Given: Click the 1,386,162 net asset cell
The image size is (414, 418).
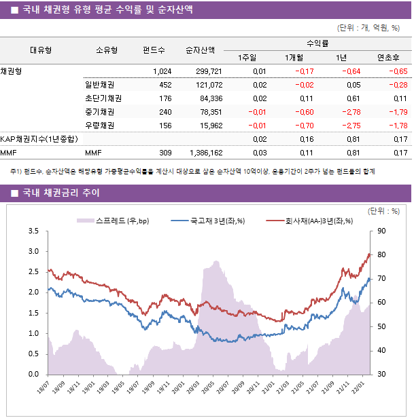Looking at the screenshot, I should pos(203,153).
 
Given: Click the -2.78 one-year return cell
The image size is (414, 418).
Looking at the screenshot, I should pos(351,112).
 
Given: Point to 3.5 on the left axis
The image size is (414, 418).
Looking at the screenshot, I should pos(33,231).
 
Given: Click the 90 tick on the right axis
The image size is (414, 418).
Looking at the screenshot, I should pos(381,231).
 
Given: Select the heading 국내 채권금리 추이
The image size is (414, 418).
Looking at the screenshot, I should pos(61,193).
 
